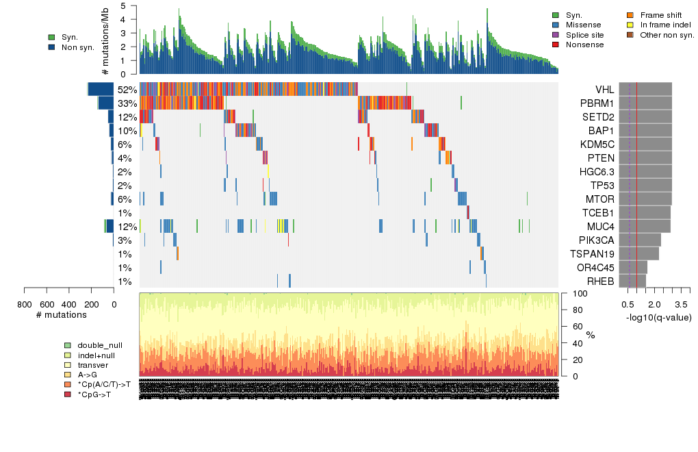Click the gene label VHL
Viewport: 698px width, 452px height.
pyautogui.click(x=604, y=90)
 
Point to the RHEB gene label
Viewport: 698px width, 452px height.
pyautogui.click(x=600, y=281)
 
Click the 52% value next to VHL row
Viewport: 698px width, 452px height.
pyautogui.click(x=127, y=90)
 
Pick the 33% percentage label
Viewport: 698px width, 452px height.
pyautogui.click(x=127, y=103)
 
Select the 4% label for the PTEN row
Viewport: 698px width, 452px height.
pyautogui.click(x=124, y=158)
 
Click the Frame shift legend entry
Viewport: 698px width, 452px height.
pyautogui.click(x=660, y=14)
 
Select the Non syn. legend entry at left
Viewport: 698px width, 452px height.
pyautogui.click(x=77, y=47)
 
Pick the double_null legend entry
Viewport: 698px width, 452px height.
pyautogui.click(x=100, y=345)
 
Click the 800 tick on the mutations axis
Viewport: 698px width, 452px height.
pyautogui.click(x=25, y=303)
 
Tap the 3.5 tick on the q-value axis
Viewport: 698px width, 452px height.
pyautogui.click(x=680, y=303)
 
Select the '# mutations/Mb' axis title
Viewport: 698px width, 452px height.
pyautogui.click(x=105, y=40)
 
